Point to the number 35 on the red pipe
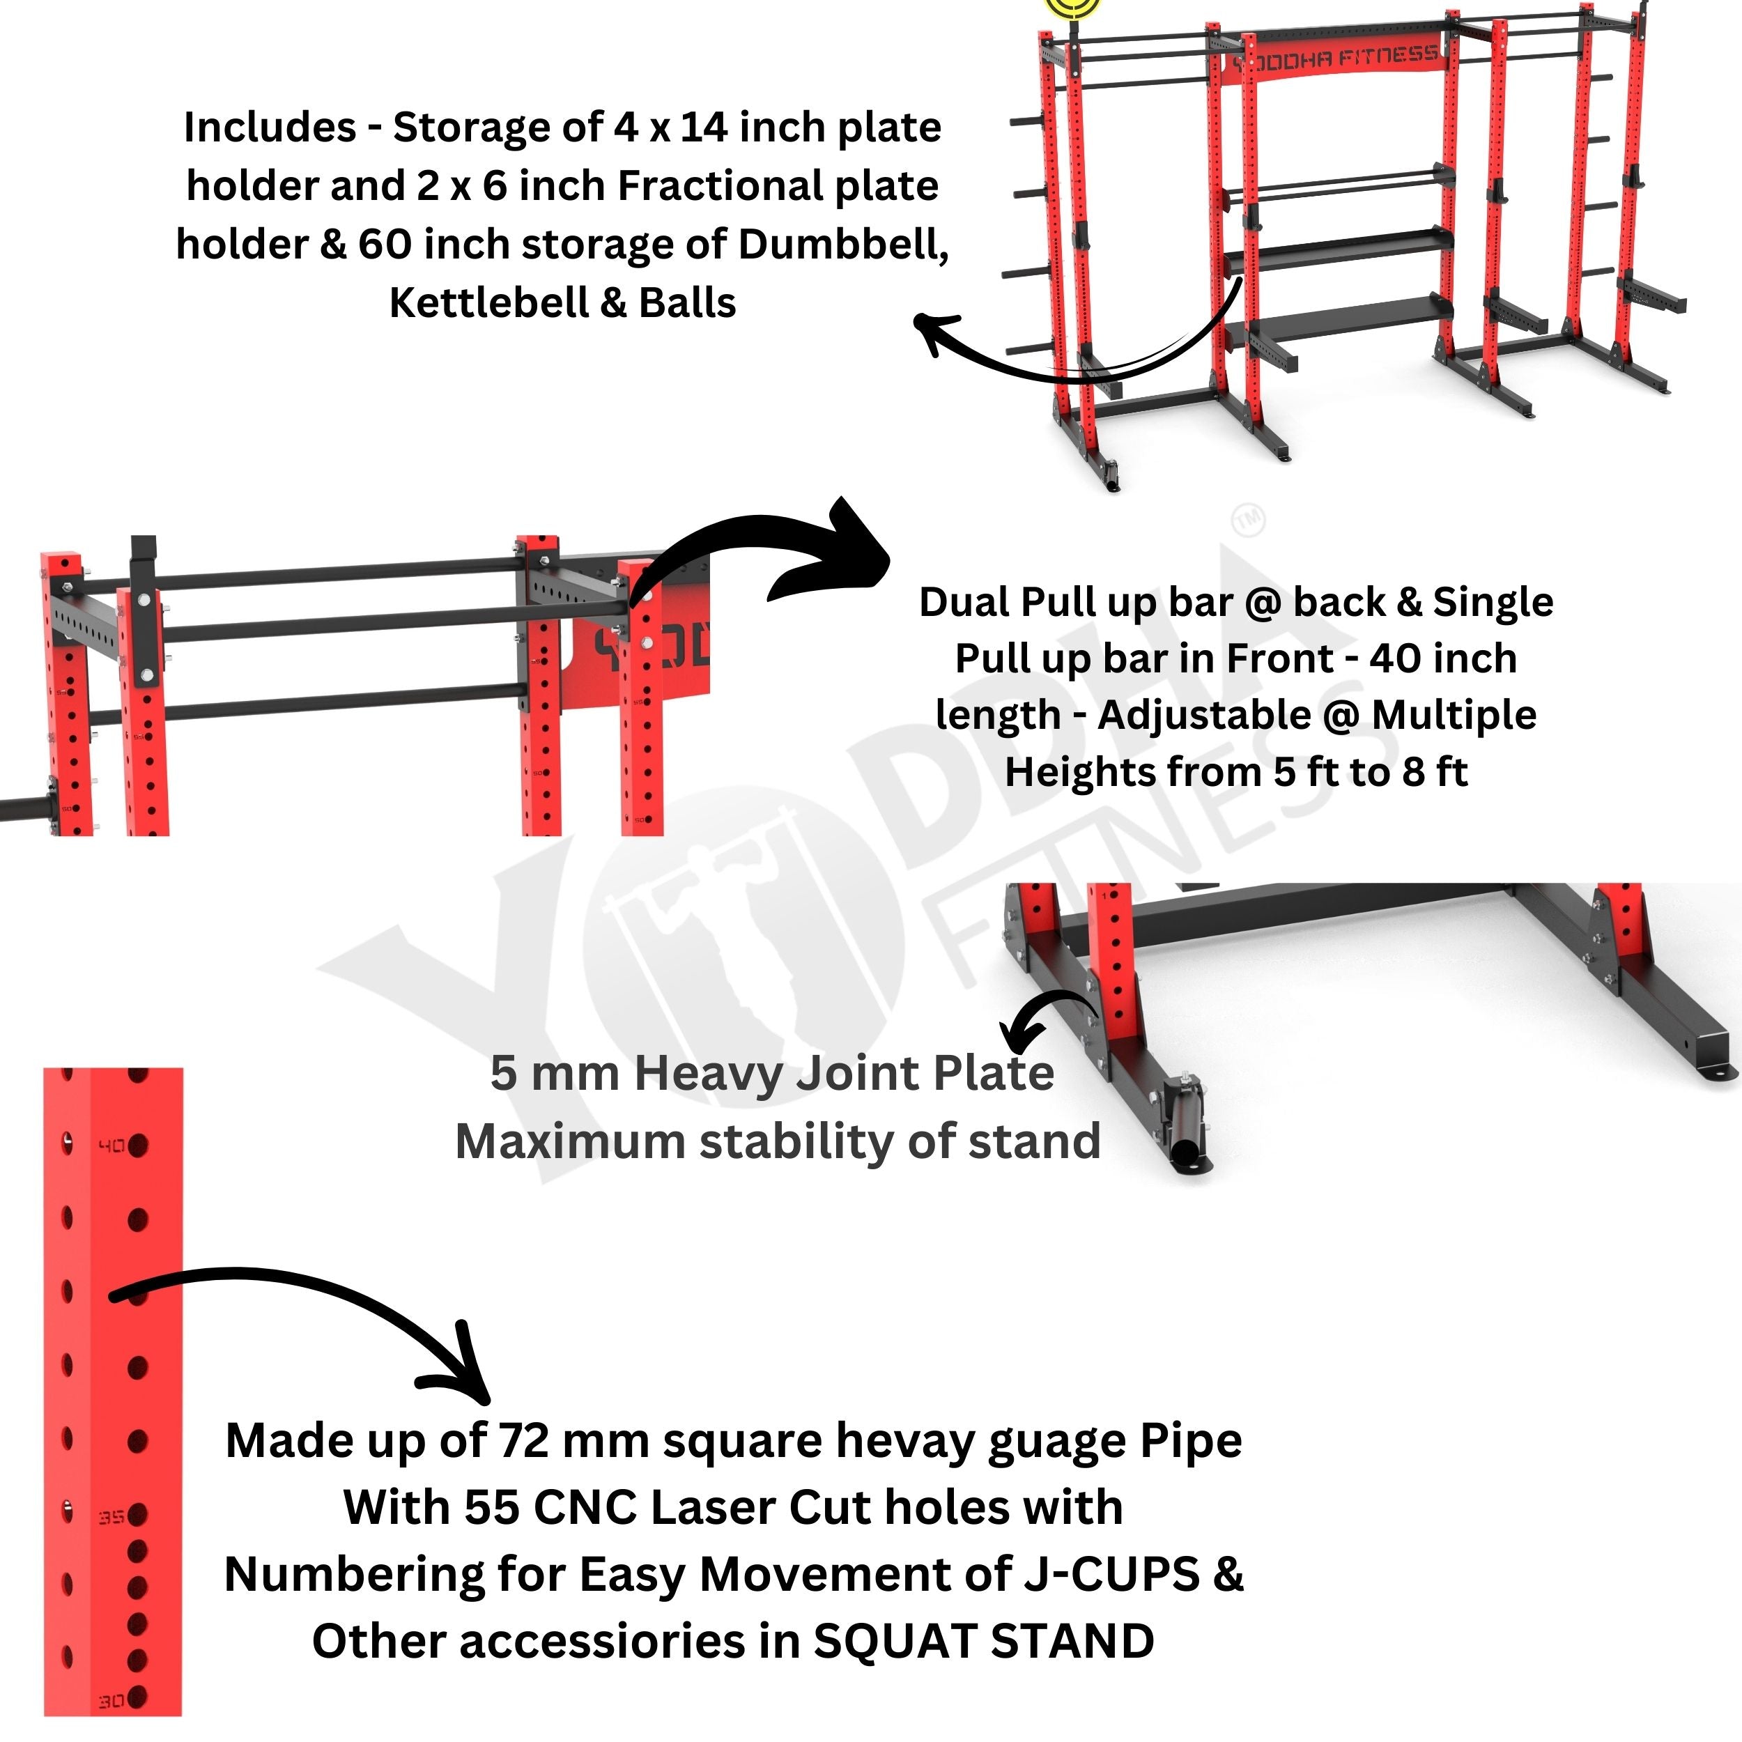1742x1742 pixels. click(111, 1518)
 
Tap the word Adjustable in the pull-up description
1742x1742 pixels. click(1203, 715)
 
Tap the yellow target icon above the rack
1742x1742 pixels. click(1073, 7)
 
